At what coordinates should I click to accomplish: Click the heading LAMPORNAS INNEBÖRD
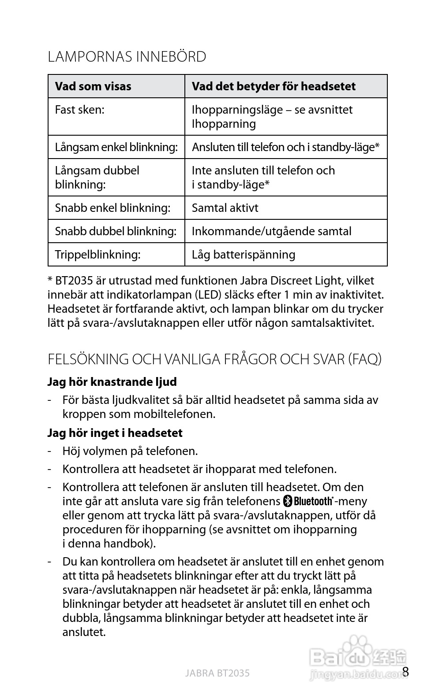(127, 57)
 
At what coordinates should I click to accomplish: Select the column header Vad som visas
(93, 86)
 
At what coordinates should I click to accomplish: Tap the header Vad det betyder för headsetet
(273, 86)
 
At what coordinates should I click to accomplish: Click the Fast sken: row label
(79, 110)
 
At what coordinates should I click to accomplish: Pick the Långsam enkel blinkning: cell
(116, 147)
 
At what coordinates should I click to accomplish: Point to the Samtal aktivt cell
(225, 208)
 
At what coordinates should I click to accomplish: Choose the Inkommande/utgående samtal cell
(271, 231)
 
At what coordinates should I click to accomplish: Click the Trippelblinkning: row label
(97, 255)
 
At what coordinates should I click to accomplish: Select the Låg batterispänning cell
(244, 255)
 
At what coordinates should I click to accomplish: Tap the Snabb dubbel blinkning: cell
(116, 231)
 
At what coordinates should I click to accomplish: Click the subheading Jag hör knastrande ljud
(112, 382)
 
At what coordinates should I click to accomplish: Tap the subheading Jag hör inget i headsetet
(115, 433)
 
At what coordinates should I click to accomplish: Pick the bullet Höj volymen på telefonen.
(130, 451)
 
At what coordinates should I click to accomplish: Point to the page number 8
(406, 672)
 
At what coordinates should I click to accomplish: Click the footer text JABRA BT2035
(217, 673)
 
